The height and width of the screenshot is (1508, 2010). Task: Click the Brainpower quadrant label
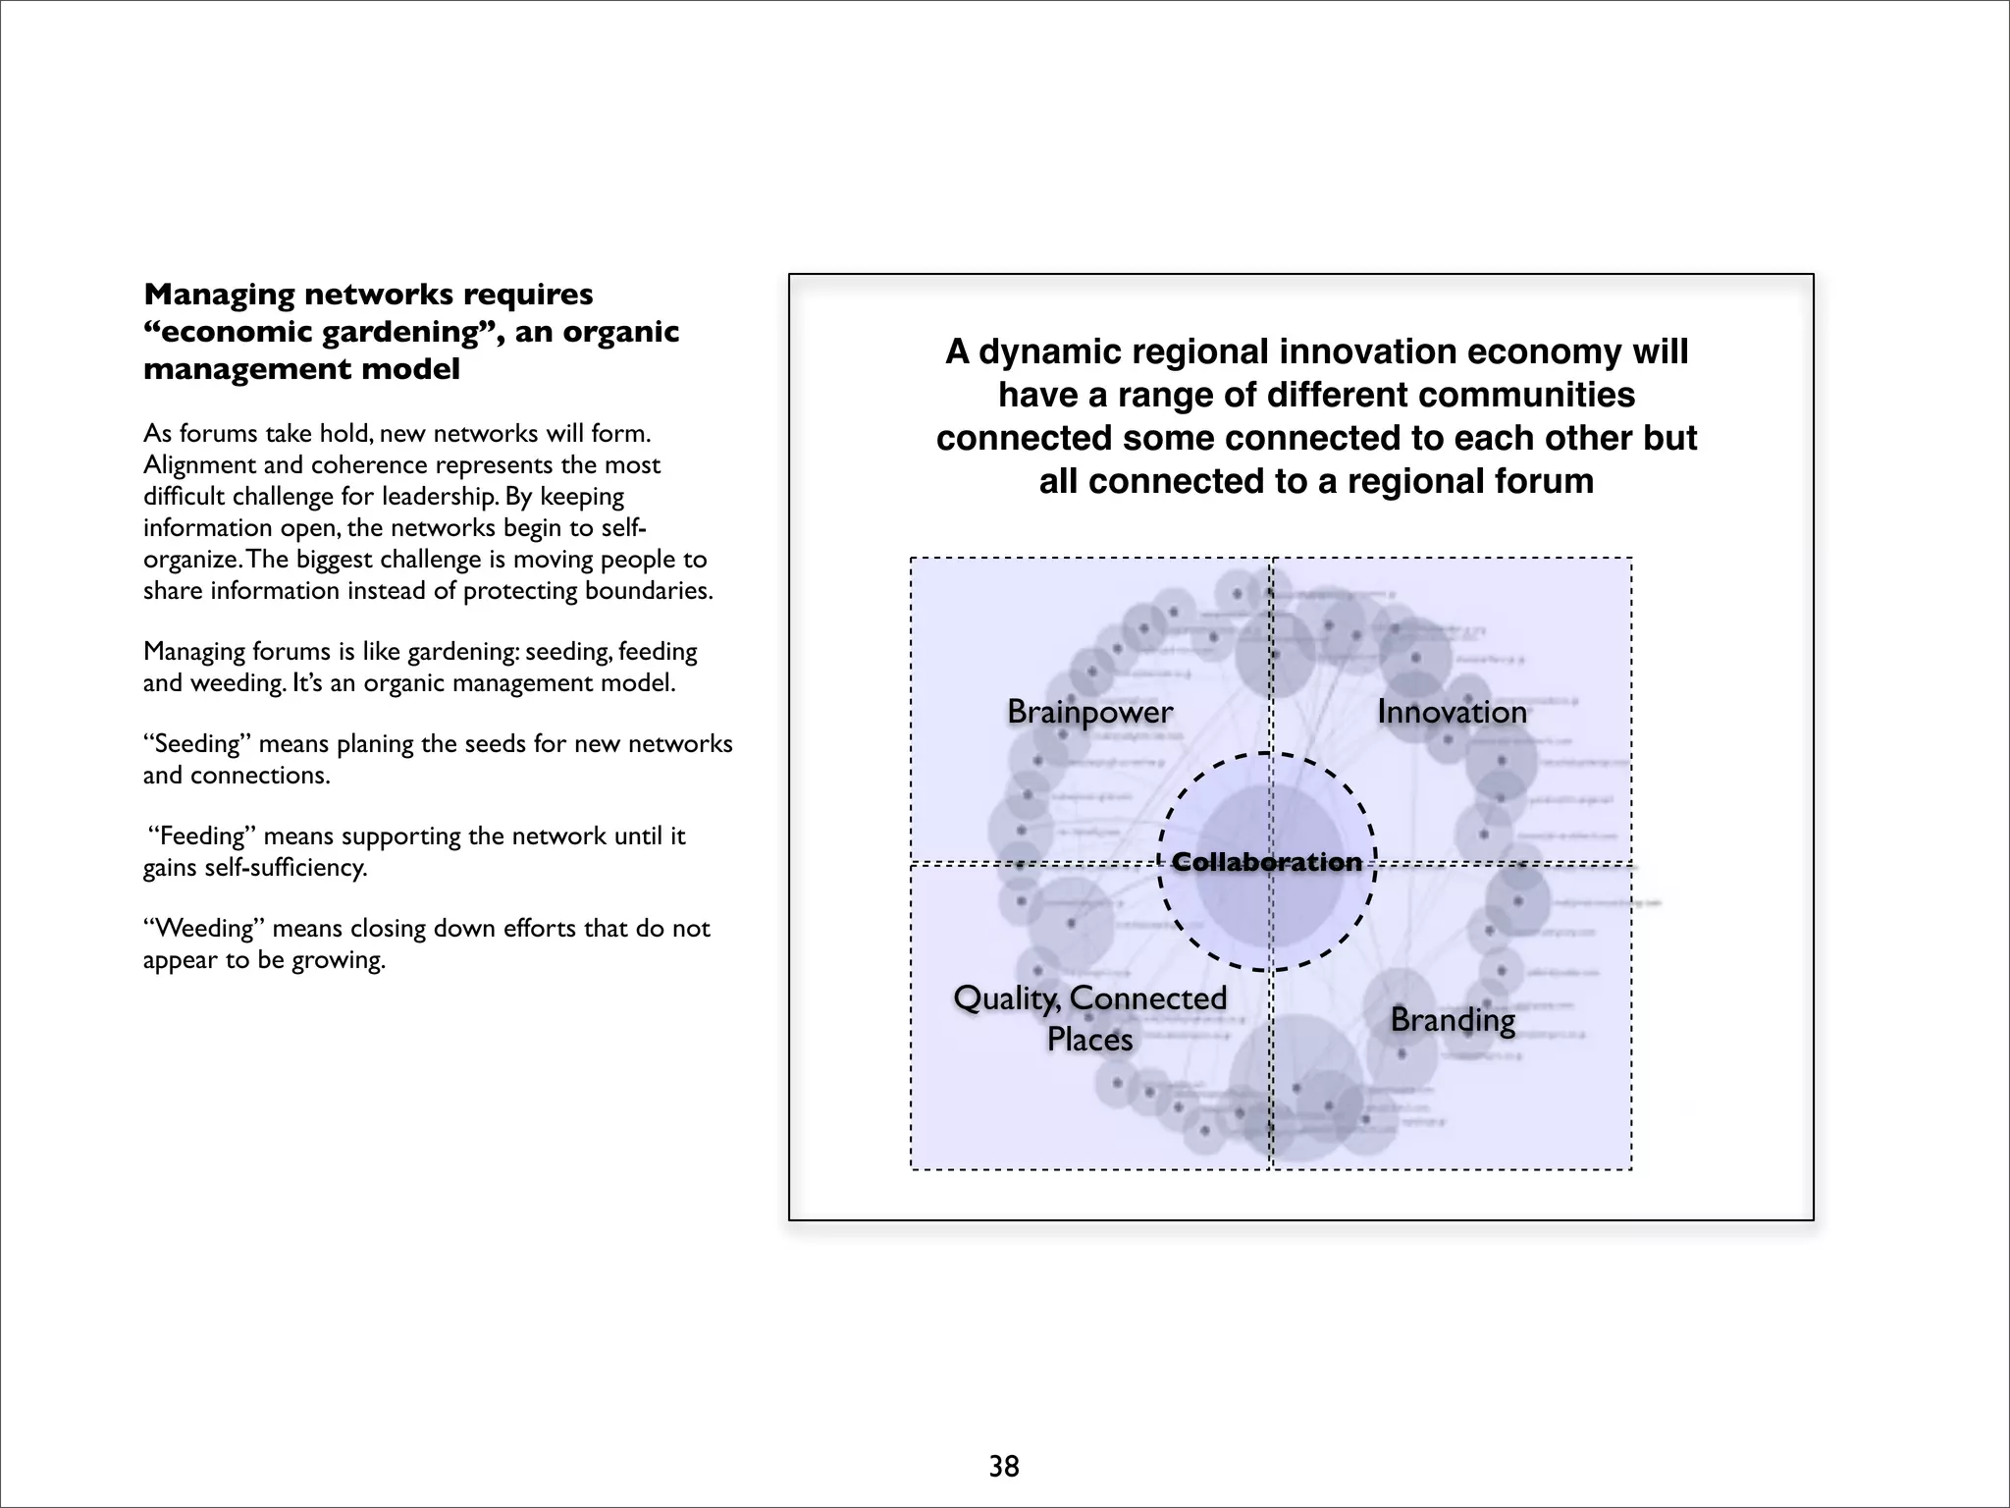(x=1089, y=712)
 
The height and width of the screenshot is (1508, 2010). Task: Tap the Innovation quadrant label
(x=1452, y=712)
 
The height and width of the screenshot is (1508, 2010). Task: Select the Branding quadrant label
(x=1453, y=1020)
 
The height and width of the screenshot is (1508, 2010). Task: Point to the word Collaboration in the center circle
(x=1267, y=862)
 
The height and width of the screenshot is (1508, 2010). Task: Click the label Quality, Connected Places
(x=1089, y=1018)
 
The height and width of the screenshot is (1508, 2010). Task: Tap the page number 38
(x=1004, y=1466)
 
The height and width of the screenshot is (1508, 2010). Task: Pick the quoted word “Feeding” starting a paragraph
(x=200, y=835)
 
